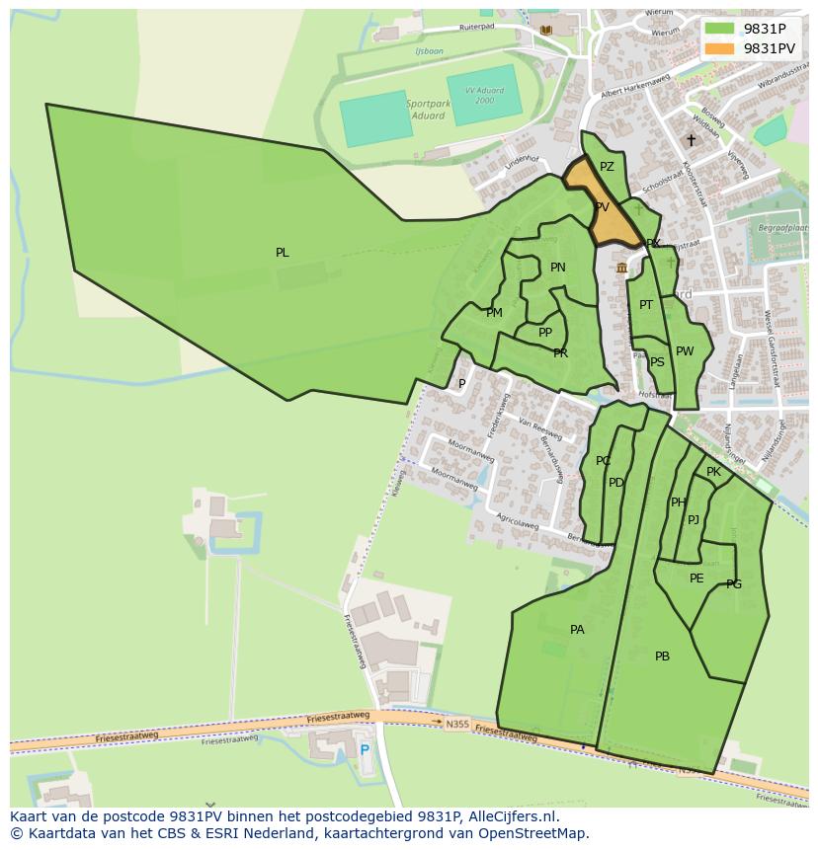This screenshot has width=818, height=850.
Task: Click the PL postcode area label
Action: (x=283, y=253)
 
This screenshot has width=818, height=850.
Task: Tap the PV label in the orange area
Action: (x=602, y=207)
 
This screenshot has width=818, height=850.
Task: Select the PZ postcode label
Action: (x=607, y=167)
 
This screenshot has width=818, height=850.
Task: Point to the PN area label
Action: (x=558, y=268)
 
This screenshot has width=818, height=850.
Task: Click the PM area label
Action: (x=494, y=313)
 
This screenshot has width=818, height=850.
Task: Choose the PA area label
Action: (x=577, y=630)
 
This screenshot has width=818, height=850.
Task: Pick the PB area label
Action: (x=662, y=657)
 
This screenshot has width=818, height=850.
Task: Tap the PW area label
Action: (x=685, y=351)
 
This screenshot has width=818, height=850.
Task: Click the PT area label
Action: (x=646, y=305)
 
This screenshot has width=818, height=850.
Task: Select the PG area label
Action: (x=734, y=584)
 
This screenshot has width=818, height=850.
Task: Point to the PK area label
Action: (x=713, y=472)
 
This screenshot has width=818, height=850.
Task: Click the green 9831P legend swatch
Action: (x=720, y=29)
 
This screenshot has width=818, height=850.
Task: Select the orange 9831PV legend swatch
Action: (x=720, y=48)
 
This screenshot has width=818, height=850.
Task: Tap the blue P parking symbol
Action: (x=365, y=750)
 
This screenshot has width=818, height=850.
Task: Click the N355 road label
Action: (x=456, y=724)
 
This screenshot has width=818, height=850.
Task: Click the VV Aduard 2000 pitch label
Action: (x=483, y=96)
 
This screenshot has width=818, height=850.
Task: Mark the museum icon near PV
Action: (x=621, y=268)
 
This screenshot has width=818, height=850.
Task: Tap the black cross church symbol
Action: (x=691, y=140)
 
